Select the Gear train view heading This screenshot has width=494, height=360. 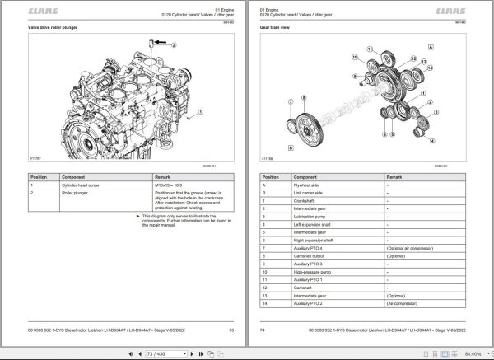[x=277, y=29]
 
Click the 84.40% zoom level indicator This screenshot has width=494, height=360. [x=473, y=352]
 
